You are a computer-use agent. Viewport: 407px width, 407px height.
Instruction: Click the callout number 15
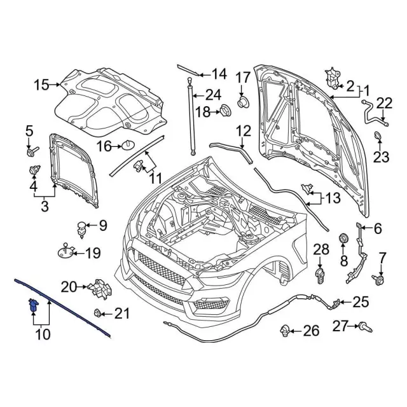coord(41,85)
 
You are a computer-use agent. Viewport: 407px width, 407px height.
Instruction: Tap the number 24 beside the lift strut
coord(214,95)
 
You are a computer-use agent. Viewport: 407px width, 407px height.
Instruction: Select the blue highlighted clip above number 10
coord(34,305)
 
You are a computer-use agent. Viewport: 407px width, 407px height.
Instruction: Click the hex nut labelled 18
coord(225,111)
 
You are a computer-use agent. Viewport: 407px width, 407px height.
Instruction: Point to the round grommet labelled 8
coord(343,238)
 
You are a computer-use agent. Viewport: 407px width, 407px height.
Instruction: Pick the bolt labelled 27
coord(366,327)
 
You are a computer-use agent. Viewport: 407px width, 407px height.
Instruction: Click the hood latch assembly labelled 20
coord(100,289)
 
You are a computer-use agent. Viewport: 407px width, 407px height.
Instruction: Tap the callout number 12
coord(244,131)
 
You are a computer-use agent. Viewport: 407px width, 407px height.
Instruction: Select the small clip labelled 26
coord(284,331)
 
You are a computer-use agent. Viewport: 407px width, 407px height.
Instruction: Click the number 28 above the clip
coord(321,249)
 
